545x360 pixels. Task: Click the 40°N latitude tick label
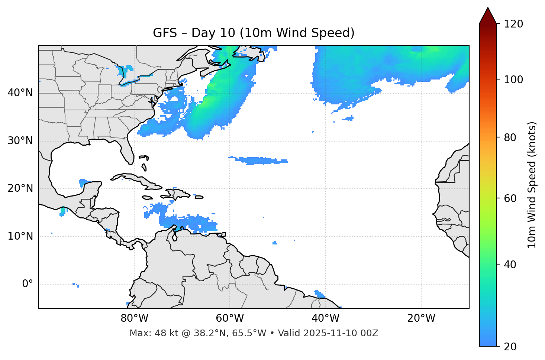20,93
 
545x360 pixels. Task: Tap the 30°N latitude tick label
20,141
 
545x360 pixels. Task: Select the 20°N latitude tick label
20,188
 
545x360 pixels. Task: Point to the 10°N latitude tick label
20,236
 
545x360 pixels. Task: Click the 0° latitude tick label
27,284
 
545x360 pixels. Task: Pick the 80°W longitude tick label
134,318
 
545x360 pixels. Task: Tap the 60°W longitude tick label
230,318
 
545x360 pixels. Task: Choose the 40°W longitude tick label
325,318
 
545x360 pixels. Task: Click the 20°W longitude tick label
421,318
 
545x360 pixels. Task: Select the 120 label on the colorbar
513,24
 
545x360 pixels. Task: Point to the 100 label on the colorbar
513,80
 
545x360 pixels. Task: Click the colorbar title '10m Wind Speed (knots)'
532,185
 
